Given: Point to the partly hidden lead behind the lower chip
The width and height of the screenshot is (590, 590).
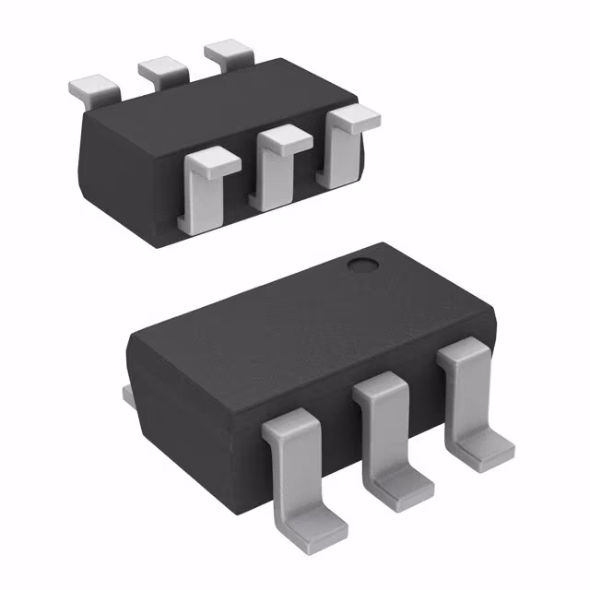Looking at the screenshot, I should click(x=128, y=395).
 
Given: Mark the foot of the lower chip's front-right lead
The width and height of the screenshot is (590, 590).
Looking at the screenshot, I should click(x=484, y=451).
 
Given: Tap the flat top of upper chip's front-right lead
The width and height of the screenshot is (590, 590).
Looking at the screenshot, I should click(x=354, y=117).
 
